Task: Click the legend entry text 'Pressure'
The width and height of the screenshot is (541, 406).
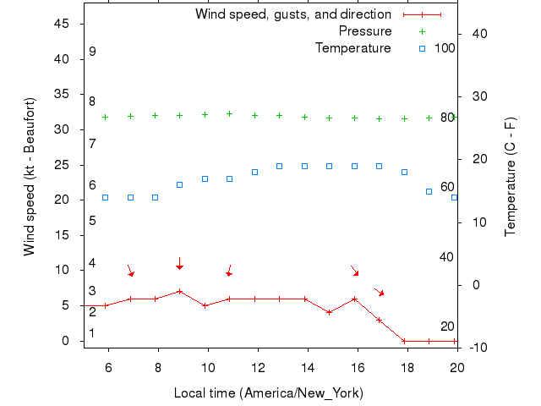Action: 365,31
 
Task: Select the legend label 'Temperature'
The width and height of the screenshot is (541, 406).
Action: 353,48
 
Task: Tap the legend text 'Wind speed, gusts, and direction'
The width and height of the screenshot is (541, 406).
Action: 293,14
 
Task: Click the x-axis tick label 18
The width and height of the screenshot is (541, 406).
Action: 407,368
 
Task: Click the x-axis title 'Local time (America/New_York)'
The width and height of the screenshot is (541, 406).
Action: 269,392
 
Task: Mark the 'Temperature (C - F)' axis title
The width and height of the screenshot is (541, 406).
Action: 510,177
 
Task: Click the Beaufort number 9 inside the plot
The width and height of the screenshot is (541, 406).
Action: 92,52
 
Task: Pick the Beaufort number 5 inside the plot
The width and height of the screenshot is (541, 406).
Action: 92,221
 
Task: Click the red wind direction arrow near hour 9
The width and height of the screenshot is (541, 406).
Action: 179,264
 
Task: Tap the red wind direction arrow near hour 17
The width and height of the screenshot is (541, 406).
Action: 380,291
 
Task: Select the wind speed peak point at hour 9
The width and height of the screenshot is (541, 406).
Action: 180,291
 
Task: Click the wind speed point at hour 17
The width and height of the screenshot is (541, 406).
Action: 380,320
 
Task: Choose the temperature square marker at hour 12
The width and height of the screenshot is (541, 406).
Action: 254,172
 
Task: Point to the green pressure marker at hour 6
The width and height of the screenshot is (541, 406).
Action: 105,117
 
